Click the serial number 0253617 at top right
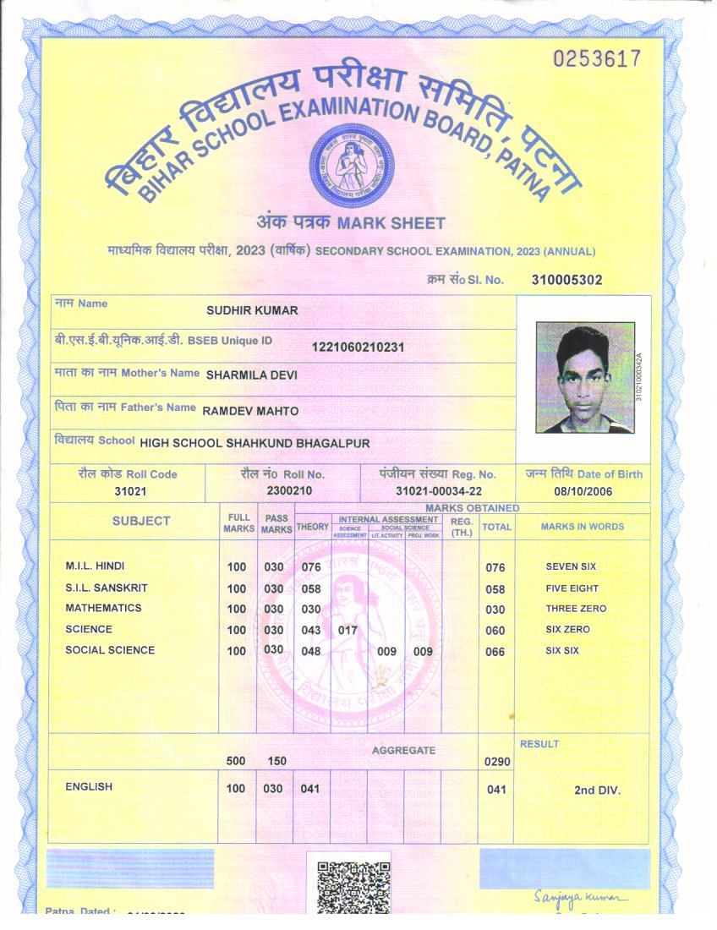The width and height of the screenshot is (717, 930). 597,59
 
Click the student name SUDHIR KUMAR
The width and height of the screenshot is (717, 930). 252,310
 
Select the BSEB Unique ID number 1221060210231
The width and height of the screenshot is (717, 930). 358,347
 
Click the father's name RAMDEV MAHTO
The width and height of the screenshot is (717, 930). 250,411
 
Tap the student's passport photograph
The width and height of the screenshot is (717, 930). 584,377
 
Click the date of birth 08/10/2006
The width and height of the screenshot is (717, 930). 583,491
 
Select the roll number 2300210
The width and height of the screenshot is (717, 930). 289,491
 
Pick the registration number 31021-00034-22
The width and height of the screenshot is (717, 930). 439,491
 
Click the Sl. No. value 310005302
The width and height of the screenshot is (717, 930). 566,280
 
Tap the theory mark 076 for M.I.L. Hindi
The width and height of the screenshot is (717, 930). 311,567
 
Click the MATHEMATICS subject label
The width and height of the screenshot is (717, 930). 103,608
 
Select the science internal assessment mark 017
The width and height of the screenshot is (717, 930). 348,630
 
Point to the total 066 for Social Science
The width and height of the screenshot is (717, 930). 495,652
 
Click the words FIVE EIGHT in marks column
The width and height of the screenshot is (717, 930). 572,588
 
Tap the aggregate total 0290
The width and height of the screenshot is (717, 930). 497,762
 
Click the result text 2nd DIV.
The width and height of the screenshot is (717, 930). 597,790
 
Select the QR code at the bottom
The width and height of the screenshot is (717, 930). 353,887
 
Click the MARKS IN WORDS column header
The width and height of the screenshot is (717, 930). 582,526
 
